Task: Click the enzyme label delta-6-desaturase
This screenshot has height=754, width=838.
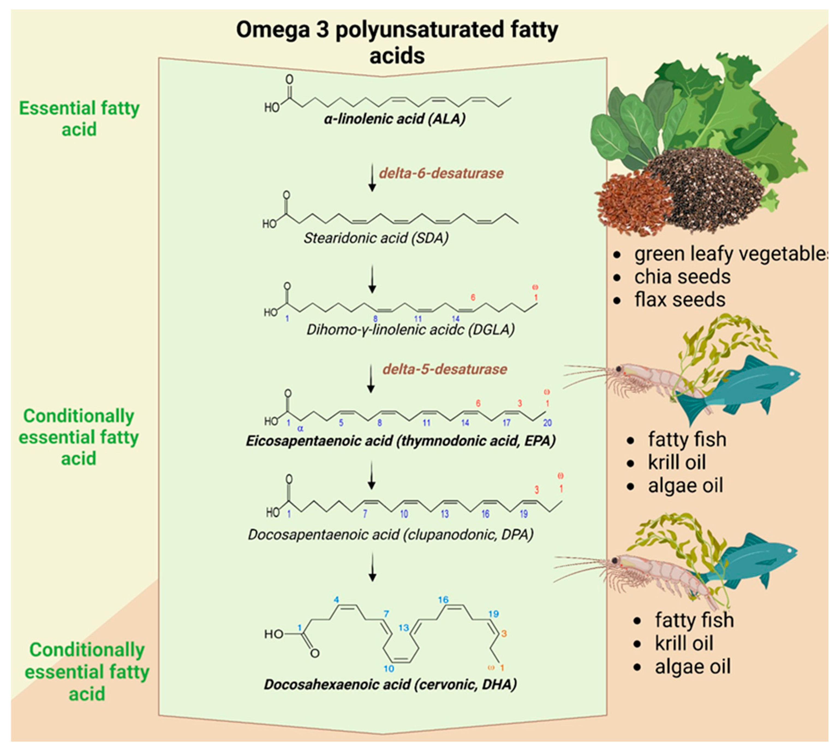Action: (x=441, y=173)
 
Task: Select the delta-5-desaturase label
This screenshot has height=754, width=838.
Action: (x=445, y=369)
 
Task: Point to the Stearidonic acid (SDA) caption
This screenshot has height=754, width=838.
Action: (x=376, y=238)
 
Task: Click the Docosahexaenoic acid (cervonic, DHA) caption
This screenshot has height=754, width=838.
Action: (x=390, y=685)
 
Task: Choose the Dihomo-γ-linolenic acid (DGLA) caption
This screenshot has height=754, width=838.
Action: (x=410, y=330)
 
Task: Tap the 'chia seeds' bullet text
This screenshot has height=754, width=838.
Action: (x=682, y=277)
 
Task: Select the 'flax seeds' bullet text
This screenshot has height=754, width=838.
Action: (x=680, y=300)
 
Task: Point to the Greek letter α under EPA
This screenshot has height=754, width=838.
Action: (x=300, y=429)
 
